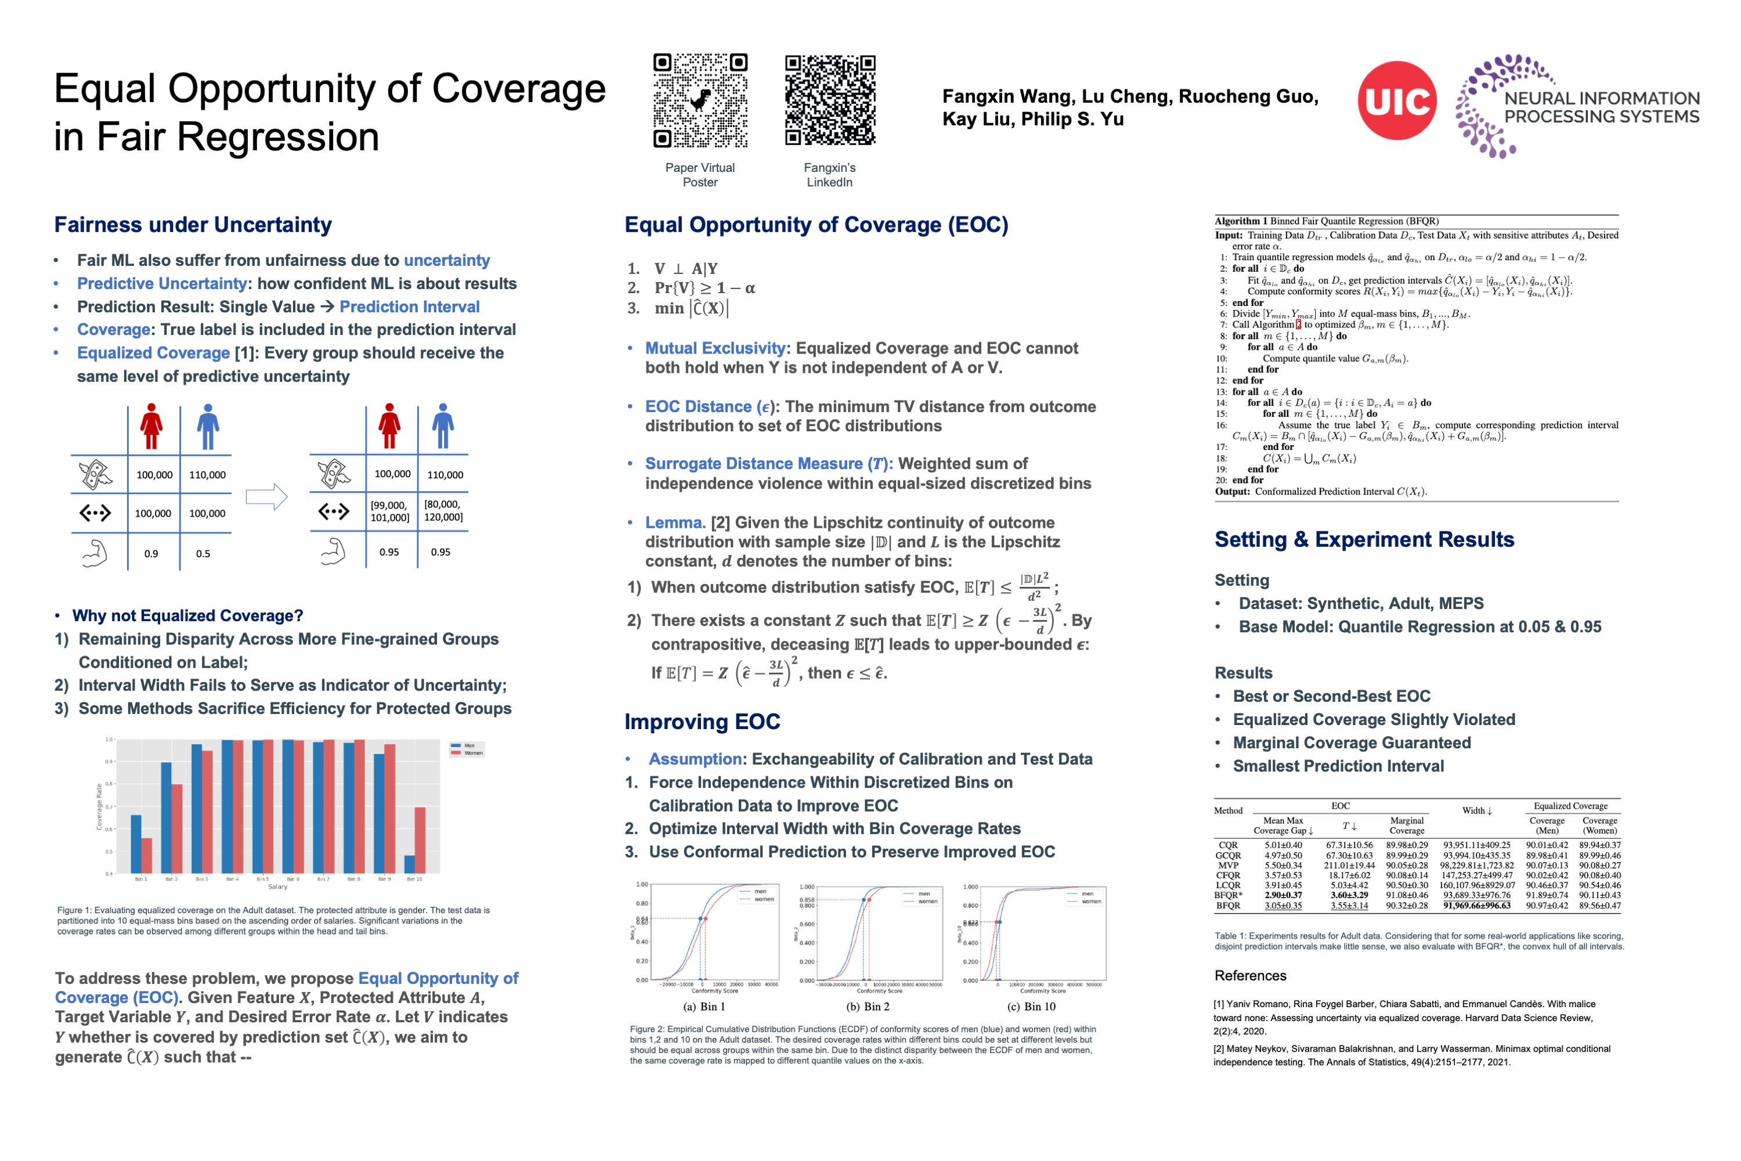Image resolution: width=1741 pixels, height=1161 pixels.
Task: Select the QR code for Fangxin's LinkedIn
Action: [830, 100]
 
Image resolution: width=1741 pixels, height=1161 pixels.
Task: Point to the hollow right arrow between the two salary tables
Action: [266, 497]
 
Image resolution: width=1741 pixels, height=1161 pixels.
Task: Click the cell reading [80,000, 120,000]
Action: [443, 511]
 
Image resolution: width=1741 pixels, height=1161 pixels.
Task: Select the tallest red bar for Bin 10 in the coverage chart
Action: [420, 839]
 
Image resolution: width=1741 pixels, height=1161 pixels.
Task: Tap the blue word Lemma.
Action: [674, 523]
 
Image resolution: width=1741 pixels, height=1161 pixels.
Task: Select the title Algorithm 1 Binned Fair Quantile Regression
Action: [1327, 221]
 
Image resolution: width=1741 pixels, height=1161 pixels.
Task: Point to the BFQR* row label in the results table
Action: [1228, 895]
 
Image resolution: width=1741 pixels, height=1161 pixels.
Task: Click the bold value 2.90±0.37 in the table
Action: [1283, 895]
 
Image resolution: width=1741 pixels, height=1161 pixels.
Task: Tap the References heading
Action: [1250, 975]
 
